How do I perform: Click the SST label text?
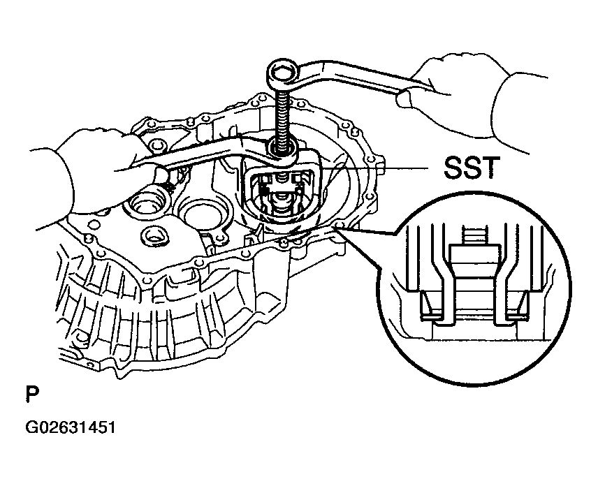pyautogui.click(x=472, y=168)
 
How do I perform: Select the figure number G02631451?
pyautogui.click(x=70, y=427)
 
